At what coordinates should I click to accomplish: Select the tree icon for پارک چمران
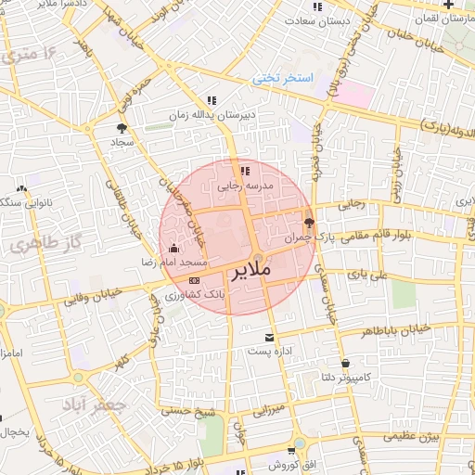(x=309, y=223)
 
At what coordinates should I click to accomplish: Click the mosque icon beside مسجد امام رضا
(x=174, y=248)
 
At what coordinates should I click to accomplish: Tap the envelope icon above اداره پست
(x=269, y=337)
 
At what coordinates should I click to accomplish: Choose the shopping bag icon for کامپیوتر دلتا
(x=345, y=363)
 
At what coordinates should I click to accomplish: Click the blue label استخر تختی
(x=284, y=80)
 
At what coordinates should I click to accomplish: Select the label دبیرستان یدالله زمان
(x=211, y=116)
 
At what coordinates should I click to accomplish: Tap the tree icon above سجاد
(x=122, y=128)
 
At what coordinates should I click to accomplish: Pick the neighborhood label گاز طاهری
(x=42, y=246)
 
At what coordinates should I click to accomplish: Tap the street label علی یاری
(x=364, y=275)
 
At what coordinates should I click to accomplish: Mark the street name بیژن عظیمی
(x=413, y=435)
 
